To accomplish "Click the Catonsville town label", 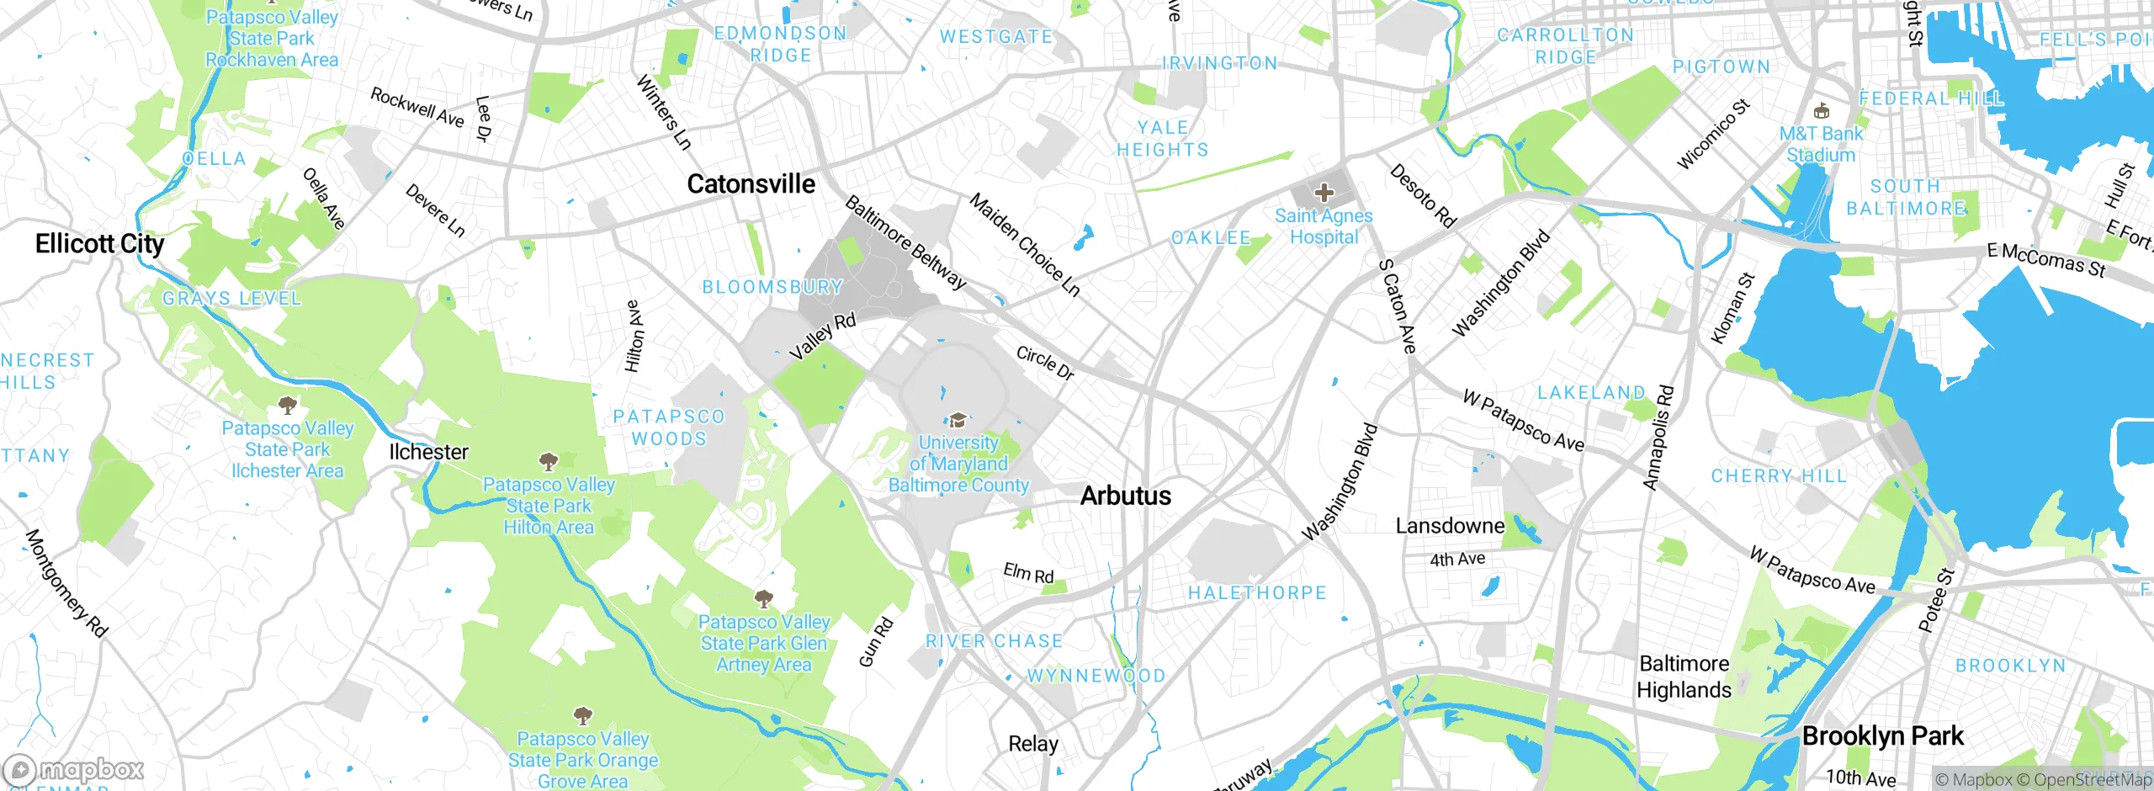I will pos(751,183).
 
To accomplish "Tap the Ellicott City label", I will pos(99,244).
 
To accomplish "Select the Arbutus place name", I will pos(1125,496).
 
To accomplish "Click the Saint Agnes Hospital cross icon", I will pos(1324,193).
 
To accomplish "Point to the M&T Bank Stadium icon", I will pos(1822,110).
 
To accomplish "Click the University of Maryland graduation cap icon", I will pos(957,420).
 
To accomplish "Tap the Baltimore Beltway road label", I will pos(905,242).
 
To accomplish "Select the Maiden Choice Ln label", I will pos(1024,244).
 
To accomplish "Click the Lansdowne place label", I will pos(1450,526).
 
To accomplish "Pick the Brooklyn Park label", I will pos(1882,736).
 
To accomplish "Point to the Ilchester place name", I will pos(428,452).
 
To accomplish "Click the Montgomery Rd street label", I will pos(66,583).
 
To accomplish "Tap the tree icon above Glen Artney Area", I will pos(763,599).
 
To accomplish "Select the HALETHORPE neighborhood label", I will pos(1257,593).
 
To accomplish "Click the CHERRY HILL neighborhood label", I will pos(1779,476).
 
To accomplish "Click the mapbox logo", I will pos(74,770).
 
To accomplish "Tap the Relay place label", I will pos(1033,744).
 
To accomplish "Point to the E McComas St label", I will pos(2045,260).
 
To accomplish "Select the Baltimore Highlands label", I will pos(1684,677).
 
